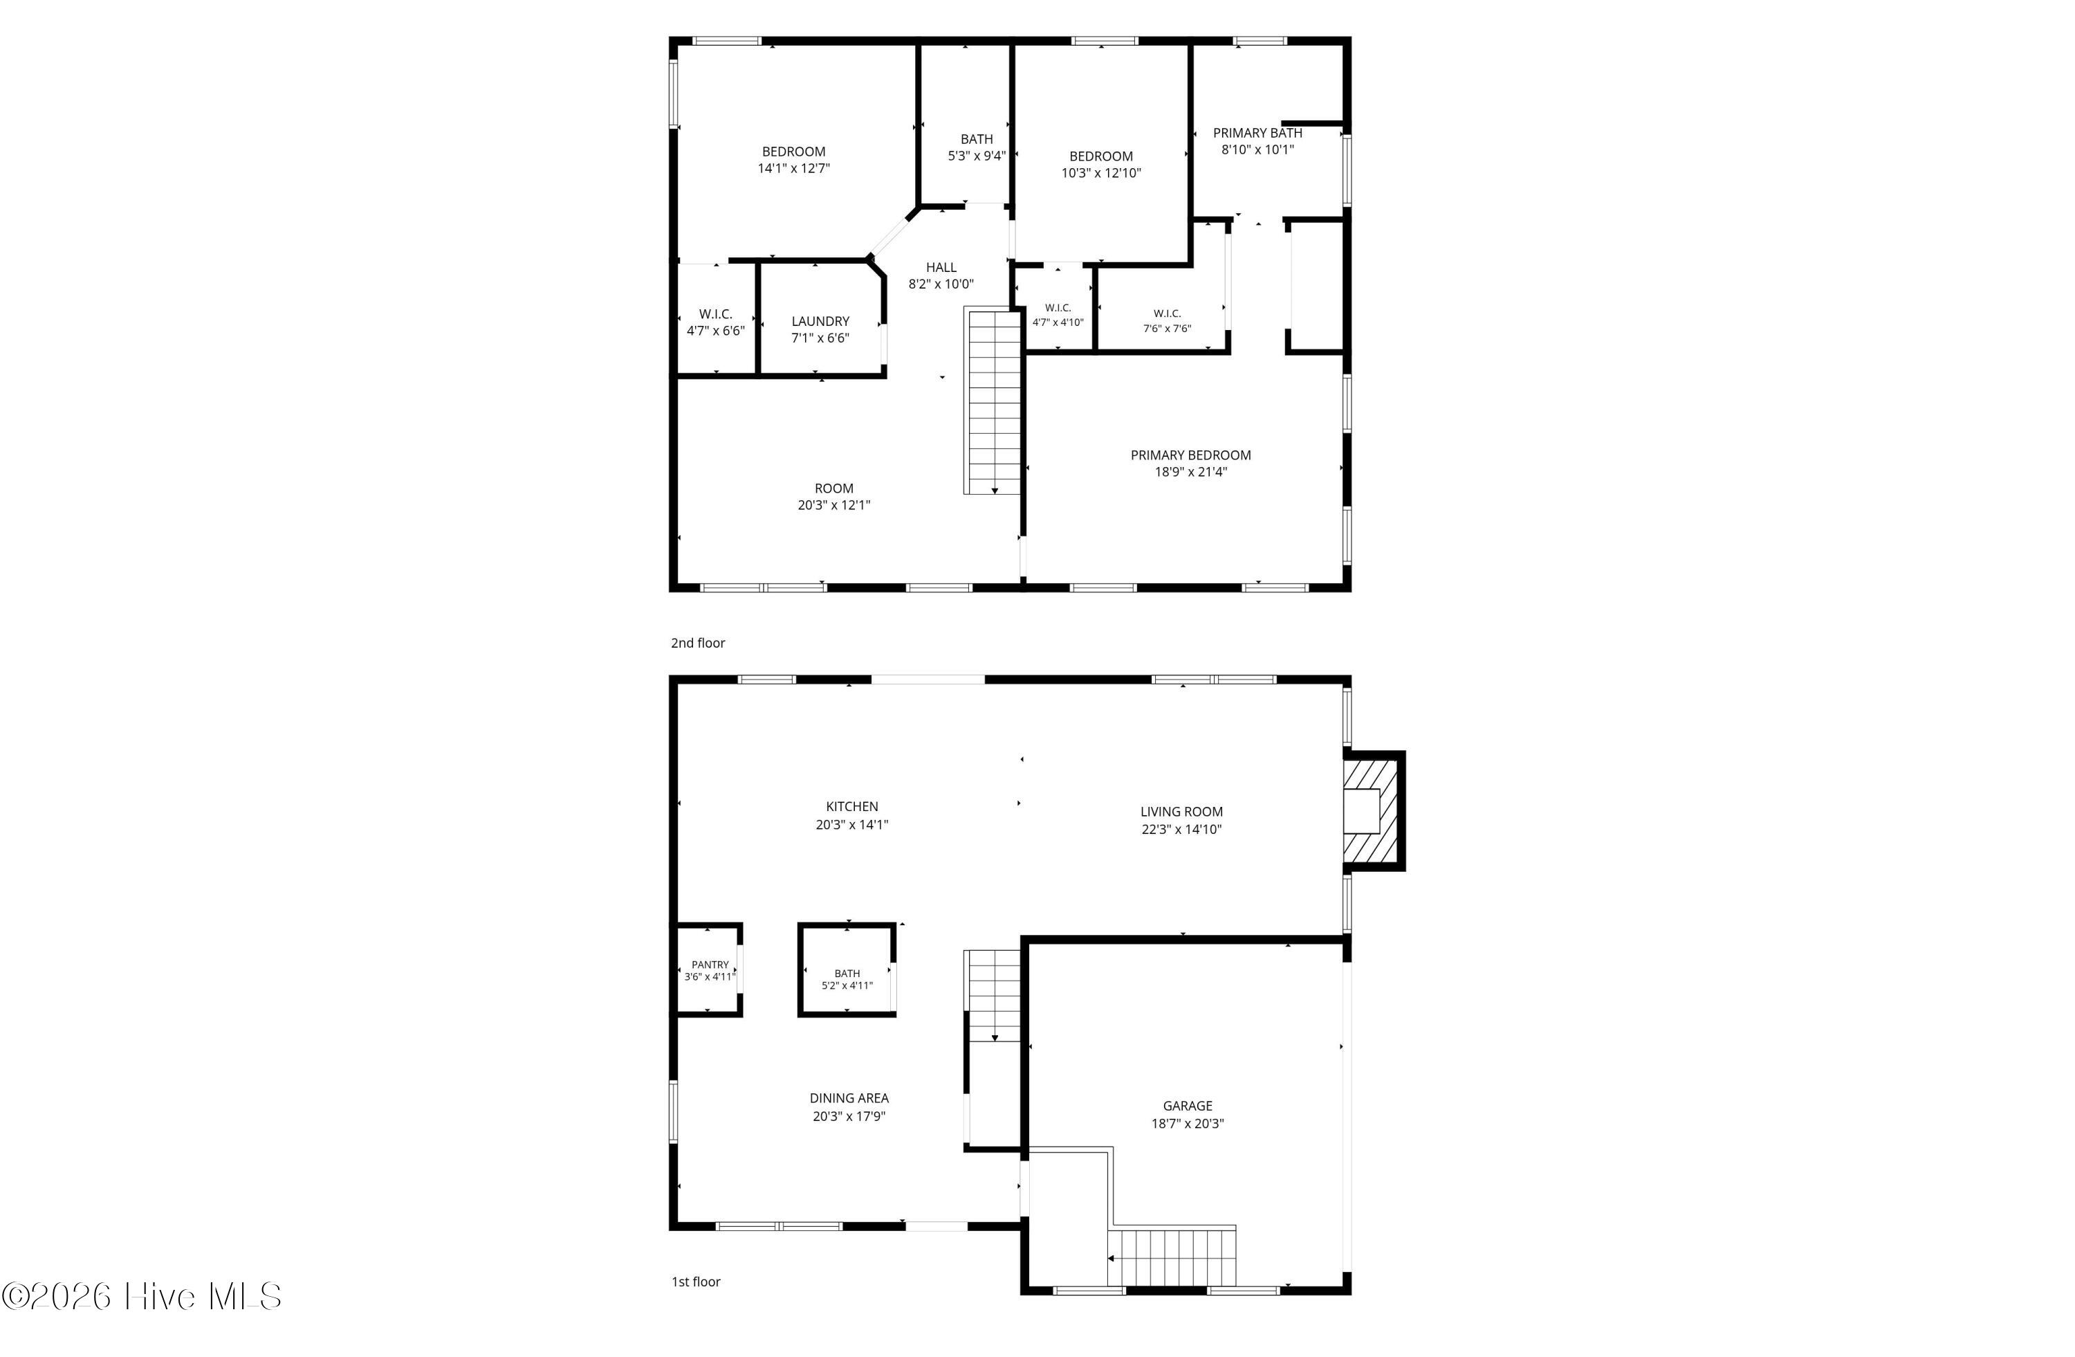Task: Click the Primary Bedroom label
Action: point(1190,455)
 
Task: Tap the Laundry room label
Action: point(820,321)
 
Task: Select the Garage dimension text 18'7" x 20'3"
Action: point(1188,1123)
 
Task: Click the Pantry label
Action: point(710,965)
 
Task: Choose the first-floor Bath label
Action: point(847,973)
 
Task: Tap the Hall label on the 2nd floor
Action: point(941,268)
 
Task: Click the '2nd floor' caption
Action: point(697,643)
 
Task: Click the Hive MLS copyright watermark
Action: point(141,1297)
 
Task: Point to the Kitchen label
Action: point(852,807)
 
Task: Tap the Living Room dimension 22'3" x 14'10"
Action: point(1181,830)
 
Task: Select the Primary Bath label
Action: point(1257,133)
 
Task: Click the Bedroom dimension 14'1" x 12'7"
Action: point(793,168)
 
